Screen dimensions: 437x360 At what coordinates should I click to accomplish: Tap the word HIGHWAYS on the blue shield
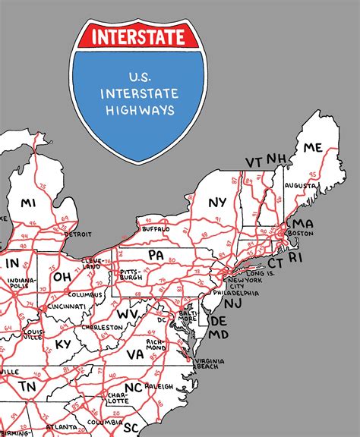[142, 110]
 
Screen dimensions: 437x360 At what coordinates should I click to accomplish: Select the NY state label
[218, 202]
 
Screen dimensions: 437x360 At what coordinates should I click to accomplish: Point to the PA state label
[156, 255]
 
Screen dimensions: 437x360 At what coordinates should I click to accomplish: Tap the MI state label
[28, 203]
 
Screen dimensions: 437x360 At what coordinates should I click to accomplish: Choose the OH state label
[62, 277]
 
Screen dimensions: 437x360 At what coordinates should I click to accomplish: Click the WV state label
[127, 313]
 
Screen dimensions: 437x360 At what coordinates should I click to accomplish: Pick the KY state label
[63, 344]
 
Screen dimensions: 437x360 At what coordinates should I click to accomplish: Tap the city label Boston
[301, 234]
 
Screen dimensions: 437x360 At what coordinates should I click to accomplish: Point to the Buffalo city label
[156, 228]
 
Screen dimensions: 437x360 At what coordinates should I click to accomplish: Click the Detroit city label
[77, 234]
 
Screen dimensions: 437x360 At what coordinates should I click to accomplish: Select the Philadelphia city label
[236, 293]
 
